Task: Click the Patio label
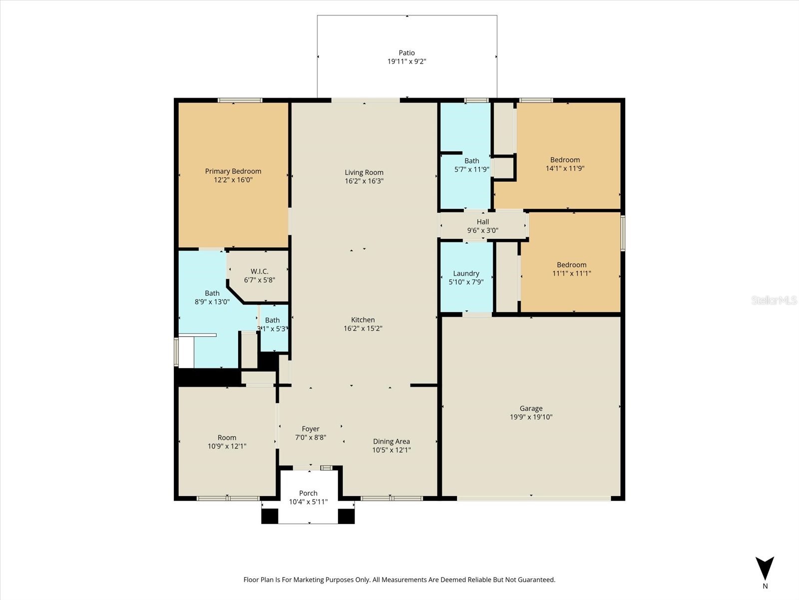coord(406,52)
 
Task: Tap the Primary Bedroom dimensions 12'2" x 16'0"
coord(233,180)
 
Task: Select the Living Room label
coord(364,172)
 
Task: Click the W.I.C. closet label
coord(259,271)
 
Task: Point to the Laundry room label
coord(466,273)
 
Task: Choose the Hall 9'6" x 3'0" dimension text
coord(482,230)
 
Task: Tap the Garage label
coord(531,408)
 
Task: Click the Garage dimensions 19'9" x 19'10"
coord(531,417)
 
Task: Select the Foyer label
coord(310,429)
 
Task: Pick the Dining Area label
coord(391,441)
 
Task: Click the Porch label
coord(308,493)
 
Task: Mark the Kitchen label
coord(363,320)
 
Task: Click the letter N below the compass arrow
coord(765,586)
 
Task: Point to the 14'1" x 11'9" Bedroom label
coord(565,160)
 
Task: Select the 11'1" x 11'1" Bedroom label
coord(572,265)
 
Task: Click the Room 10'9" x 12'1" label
coord(227,438)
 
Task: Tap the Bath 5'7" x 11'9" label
coord(471,161)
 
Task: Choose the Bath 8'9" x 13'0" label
coord(212,293)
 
